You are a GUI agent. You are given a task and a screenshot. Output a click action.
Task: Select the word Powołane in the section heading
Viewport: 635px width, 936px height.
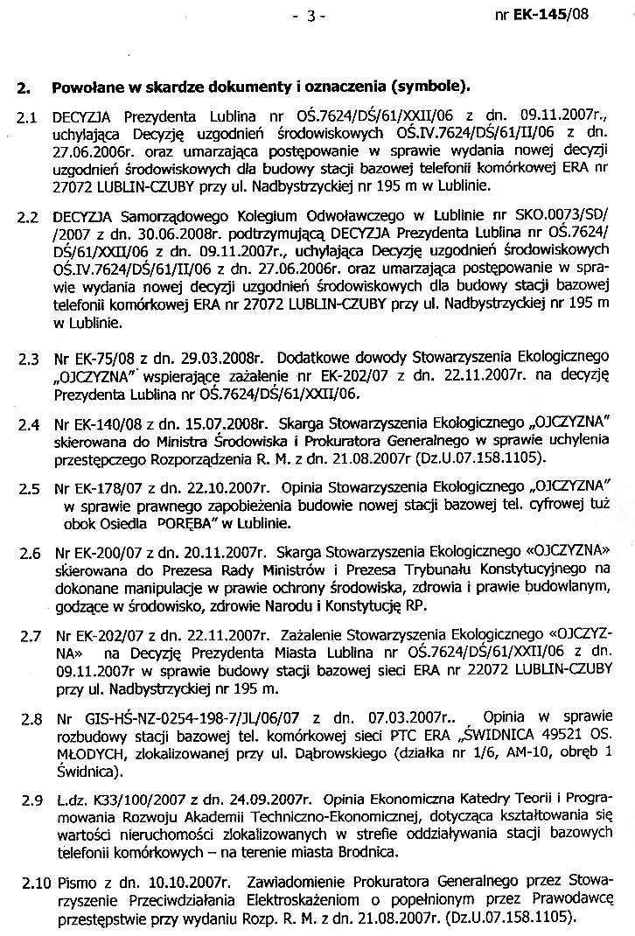[x=88, y=87]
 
